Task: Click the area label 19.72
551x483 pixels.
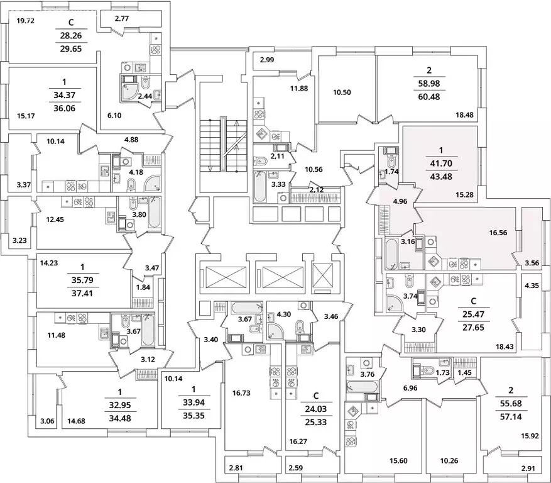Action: click(25, 21)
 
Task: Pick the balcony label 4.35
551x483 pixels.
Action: click(532, 286)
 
